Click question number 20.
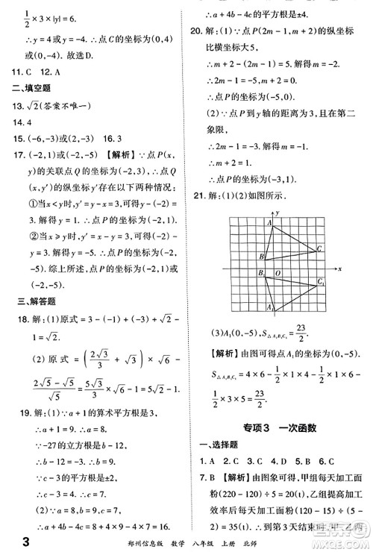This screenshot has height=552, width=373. pos(197,31)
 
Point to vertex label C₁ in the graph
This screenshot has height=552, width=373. pos(322,282)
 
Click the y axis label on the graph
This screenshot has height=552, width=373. pos(277,213)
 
